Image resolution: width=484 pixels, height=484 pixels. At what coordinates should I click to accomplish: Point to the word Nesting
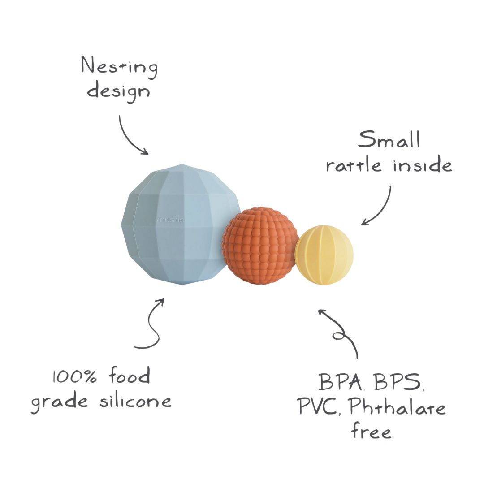[119, 67]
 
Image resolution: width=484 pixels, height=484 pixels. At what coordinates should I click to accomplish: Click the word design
[118, 91]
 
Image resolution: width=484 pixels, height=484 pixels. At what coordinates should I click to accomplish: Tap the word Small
[389, 140]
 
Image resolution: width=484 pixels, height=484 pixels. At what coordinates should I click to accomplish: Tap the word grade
[59, 402]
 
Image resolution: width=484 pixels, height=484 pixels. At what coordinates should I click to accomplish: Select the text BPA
[340, 383]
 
